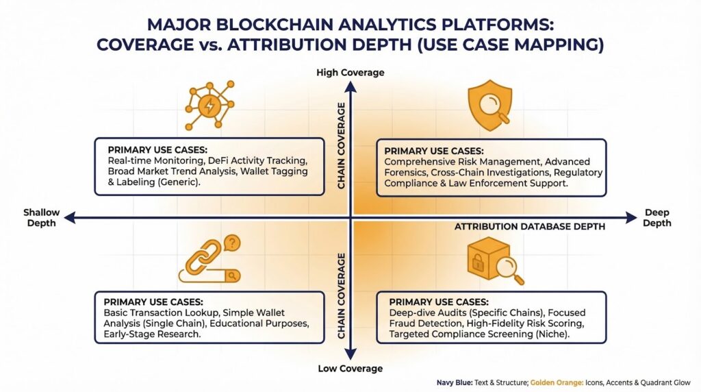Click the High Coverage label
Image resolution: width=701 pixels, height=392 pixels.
coord(350,73)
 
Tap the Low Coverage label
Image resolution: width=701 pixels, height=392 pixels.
coord(350,369)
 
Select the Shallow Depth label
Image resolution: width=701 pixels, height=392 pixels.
coord(42,217)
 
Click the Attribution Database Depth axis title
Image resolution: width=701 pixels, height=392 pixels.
coord(530,227)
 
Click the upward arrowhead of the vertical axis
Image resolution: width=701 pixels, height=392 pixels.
coord(350,85)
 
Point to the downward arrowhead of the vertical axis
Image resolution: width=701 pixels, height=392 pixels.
coord(350,356)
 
